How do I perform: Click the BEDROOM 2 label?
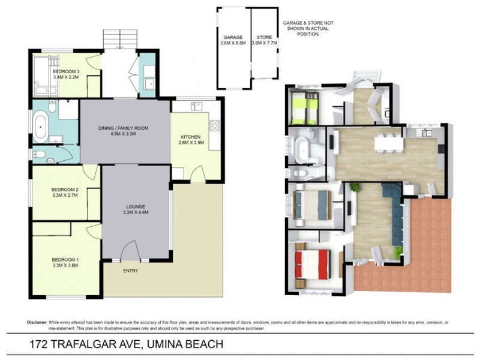[65, 192]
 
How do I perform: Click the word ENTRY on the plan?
[130, 271]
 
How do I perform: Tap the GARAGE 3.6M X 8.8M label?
[233, 40]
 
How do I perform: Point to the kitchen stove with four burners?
[214, 125]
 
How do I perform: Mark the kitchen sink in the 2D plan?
[196, 106]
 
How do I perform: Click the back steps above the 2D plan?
[122, 40]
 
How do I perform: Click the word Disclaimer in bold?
[37, 322]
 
